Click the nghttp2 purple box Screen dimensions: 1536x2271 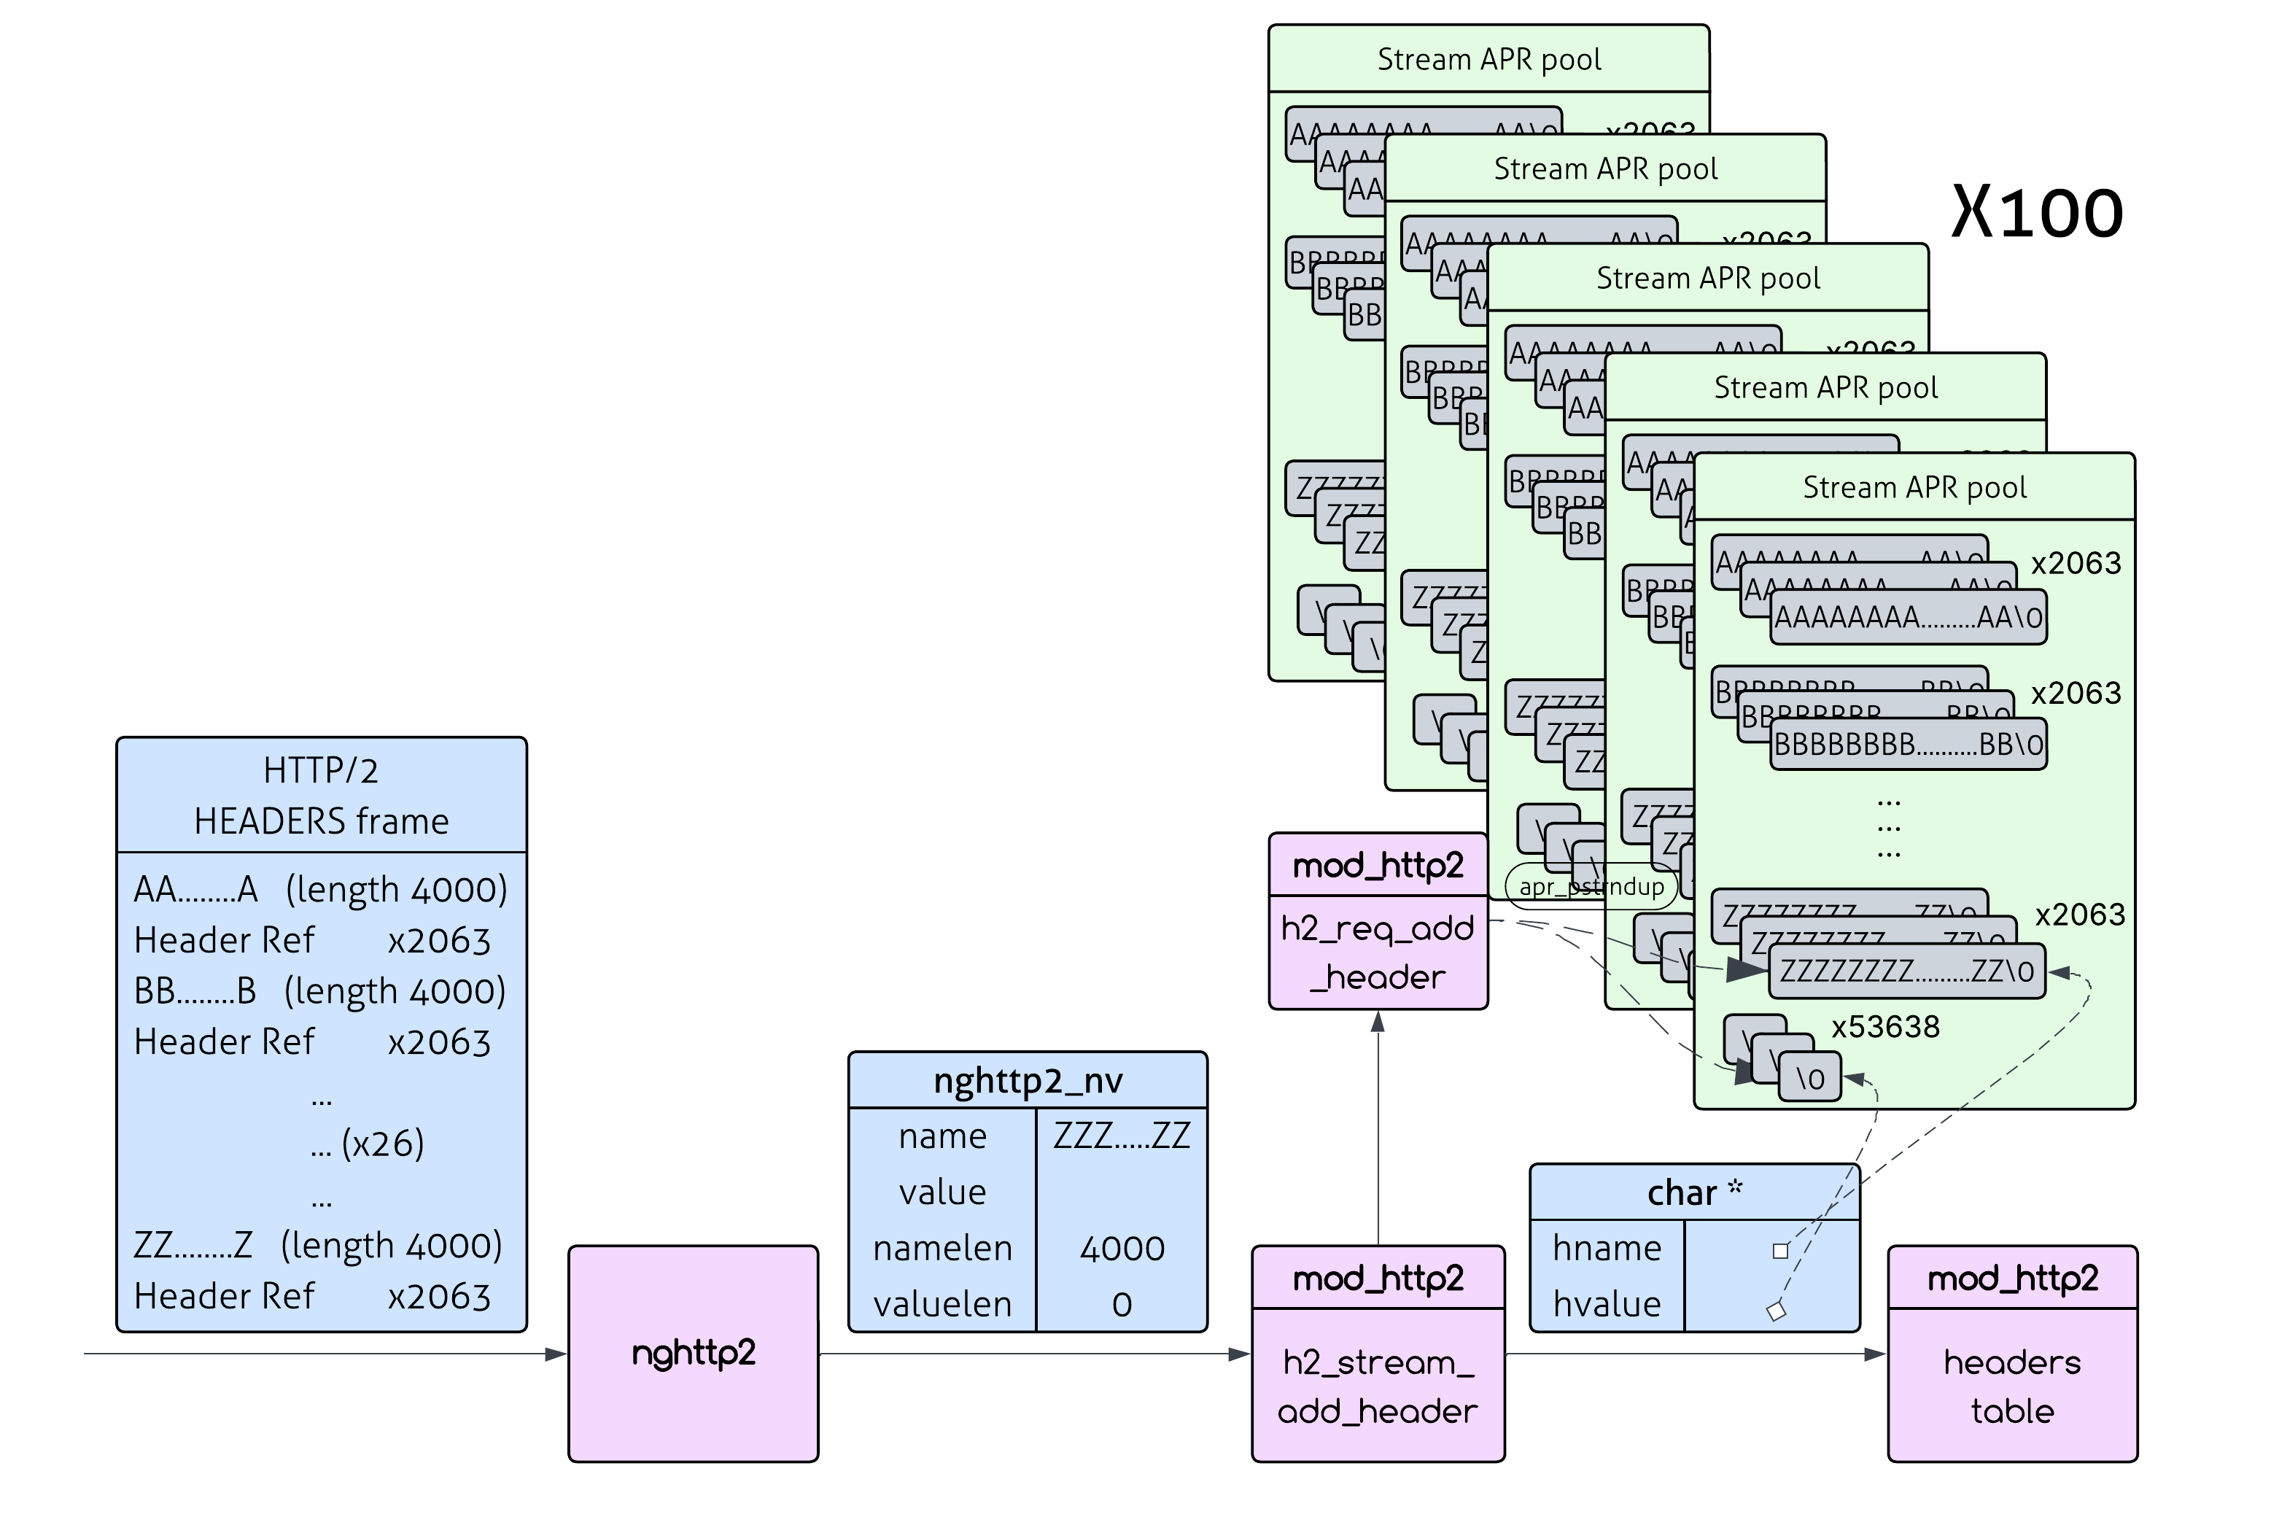[x=693, y=1352]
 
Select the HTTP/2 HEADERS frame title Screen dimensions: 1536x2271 [x=320, y=796]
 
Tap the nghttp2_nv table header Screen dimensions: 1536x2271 [x=1027, y=1079]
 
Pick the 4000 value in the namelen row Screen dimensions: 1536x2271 [x=1121, y=1248]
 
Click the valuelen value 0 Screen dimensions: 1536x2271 [x=1121, y=1304]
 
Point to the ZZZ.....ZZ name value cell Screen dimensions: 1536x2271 [x=1121, y=1136]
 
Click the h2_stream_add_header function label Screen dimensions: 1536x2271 [x=1377, y=1386]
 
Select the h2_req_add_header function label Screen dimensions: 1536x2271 [x=1377, y=952]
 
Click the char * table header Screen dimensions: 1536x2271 [x=1693, y=1192]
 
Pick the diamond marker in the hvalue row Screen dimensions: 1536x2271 [x=1776, y=1311]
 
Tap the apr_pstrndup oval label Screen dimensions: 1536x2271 [x=1590, y=886]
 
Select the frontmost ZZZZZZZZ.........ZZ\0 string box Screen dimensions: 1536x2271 [x=1906, y=971]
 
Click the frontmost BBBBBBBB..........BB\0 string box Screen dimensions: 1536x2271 [x=1908, y=745]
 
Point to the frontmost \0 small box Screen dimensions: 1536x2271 [x=1810, y=1079]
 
